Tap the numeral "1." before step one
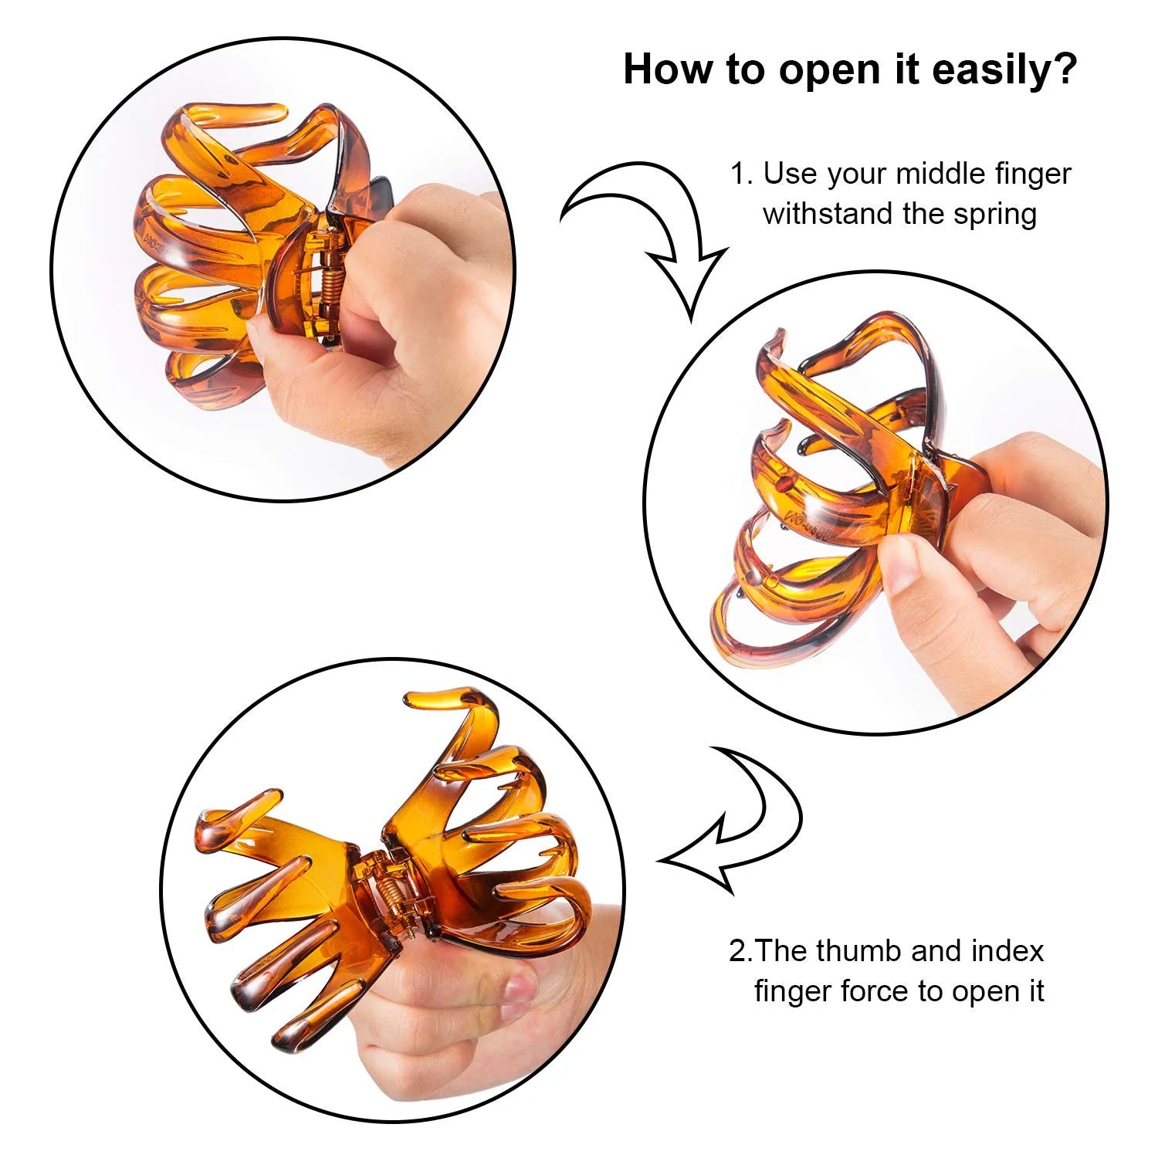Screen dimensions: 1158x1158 [741, 174]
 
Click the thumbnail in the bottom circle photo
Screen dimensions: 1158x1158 [519, 987]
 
